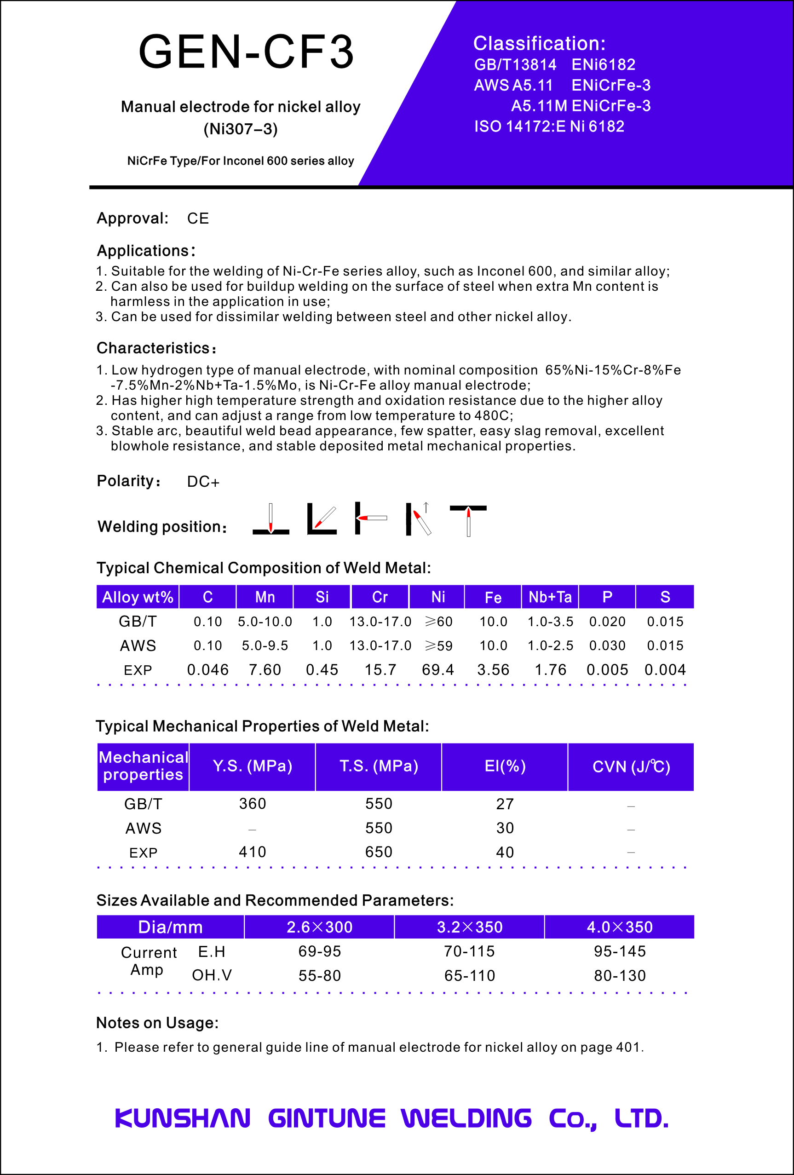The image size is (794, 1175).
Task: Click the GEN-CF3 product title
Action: (246, 52)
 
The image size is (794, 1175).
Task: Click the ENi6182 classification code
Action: (603, 65)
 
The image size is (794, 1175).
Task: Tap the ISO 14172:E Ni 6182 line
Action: (549, 127)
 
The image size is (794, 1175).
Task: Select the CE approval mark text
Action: (198, 219)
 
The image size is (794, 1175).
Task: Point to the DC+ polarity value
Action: (203, 481)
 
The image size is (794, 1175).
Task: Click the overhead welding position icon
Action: (468, 520)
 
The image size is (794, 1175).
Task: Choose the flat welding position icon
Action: (271, 519)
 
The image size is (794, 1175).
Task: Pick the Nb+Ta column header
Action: (550, 597)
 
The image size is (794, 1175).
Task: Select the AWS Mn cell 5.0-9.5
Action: (265, 645)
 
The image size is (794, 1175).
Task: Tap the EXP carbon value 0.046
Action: (208, 670)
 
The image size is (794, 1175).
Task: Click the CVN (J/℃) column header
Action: (631, 766)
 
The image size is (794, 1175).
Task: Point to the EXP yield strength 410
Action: (252, 852)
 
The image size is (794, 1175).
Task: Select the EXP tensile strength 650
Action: (379, 852)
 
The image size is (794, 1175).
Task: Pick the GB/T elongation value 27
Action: (505, 804)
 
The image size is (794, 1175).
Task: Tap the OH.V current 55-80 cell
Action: (319, 975)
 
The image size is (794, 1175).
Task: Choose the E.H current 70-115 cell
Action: (469, 951)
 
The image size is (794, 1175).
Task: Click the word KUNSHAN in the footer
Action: (183, 1118)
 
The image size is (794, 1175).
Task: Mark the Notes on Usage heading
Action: (157, 1023)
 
